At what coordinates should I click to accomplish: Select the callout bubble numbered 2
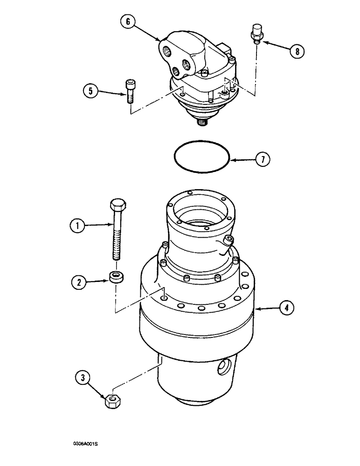coord(77,281)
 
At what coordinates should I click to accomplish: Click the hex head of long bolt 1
coord(117,206)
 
